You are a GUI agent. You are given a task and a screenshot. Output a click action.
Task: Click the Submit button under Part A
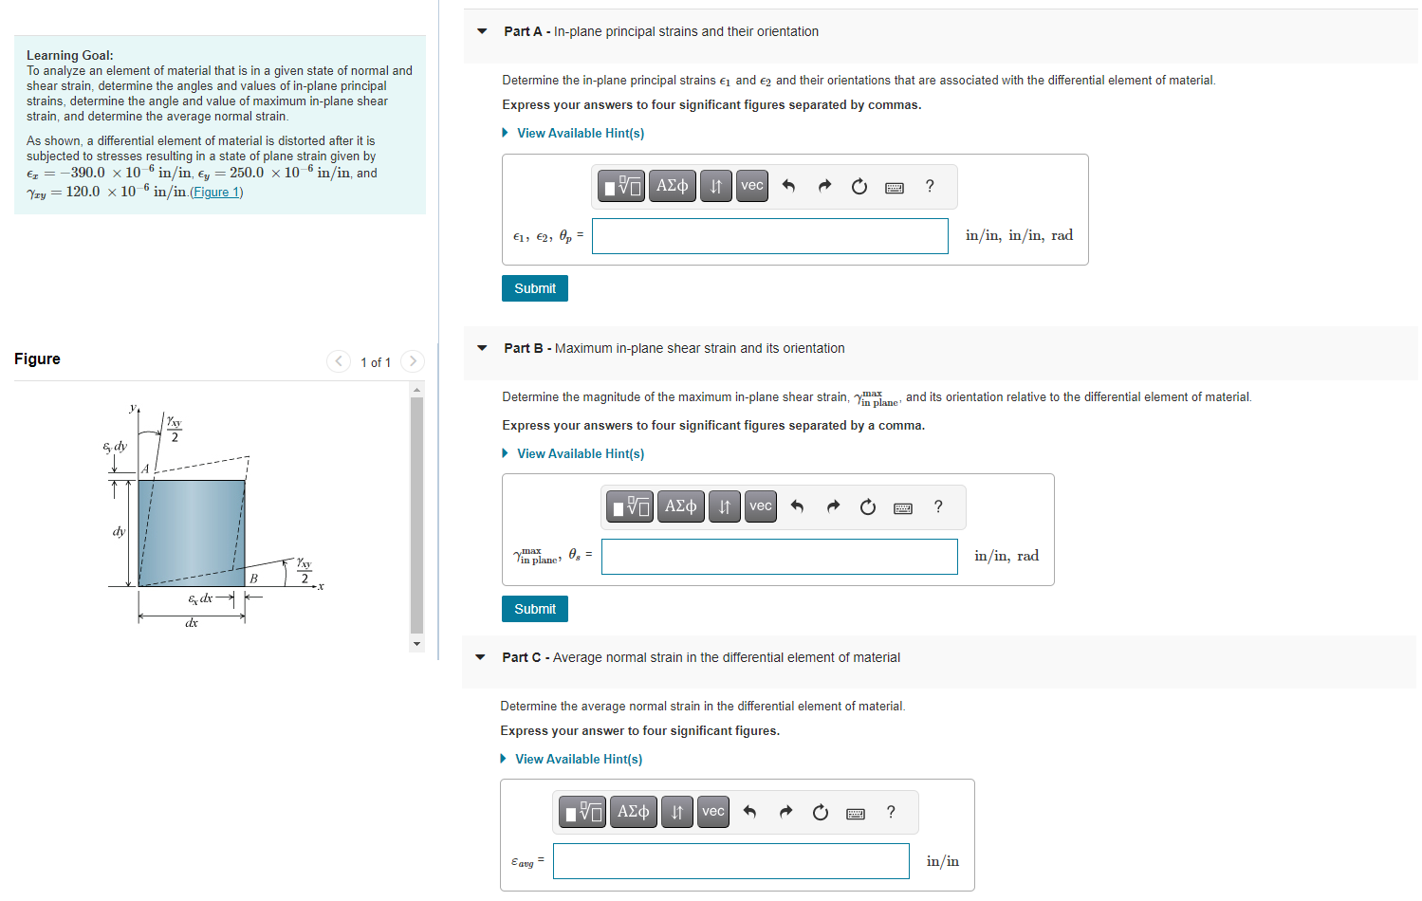[534, 288]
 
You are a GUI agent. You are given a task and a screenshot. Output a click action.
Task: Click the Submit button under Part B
[534, 609]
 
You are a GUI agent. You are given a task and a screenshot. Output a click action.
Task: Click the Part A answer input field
[769, 236]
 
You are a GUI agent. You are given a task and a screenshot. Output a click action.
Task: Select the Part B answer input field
[779, 557]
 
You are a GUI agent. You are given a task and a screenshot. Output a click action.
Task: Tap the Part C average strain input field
[730, 861]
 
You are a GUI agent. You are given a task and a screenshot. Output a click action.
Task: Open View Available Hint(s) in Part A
[580, 134]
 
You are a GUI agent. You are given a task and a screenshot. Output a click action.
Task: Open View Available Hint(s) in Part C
[578, 760]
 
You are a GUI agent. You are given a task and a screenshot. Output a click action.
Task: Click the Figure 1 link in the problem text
[216, 193]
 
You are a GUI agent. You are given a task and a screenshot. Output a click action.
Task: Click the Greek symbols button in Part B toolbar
[680, 506]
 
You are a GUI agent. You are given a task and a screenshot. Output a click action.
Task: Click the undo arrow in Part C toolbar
[749, 812]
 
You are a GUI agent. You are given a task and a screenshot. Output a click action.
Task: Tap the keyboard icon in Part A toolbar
[894, 187]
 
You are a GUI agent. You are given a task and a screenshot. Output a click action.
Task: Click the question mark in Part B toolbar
[938, 506]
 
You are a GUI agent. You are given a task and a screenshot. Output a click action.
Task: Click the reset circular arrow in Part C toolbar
[821, 812]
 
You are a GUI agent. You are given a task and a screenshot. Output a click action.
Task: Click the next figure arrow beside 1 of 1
[412, 361]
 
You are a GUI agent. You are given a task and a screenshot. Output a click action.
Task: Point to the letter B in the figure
[253, 578]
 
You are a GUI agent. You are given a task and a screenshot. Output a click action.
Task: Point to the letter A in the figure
[145, 469]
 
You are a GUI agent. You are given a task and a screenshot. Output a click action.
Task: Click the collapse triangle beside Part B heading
[482, 348]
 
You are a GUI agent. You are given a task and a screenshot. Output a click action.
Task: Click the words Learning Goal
[69, 55]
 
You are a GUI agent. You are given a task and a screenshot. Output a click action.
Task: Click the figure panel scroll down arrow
[416, 644]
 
